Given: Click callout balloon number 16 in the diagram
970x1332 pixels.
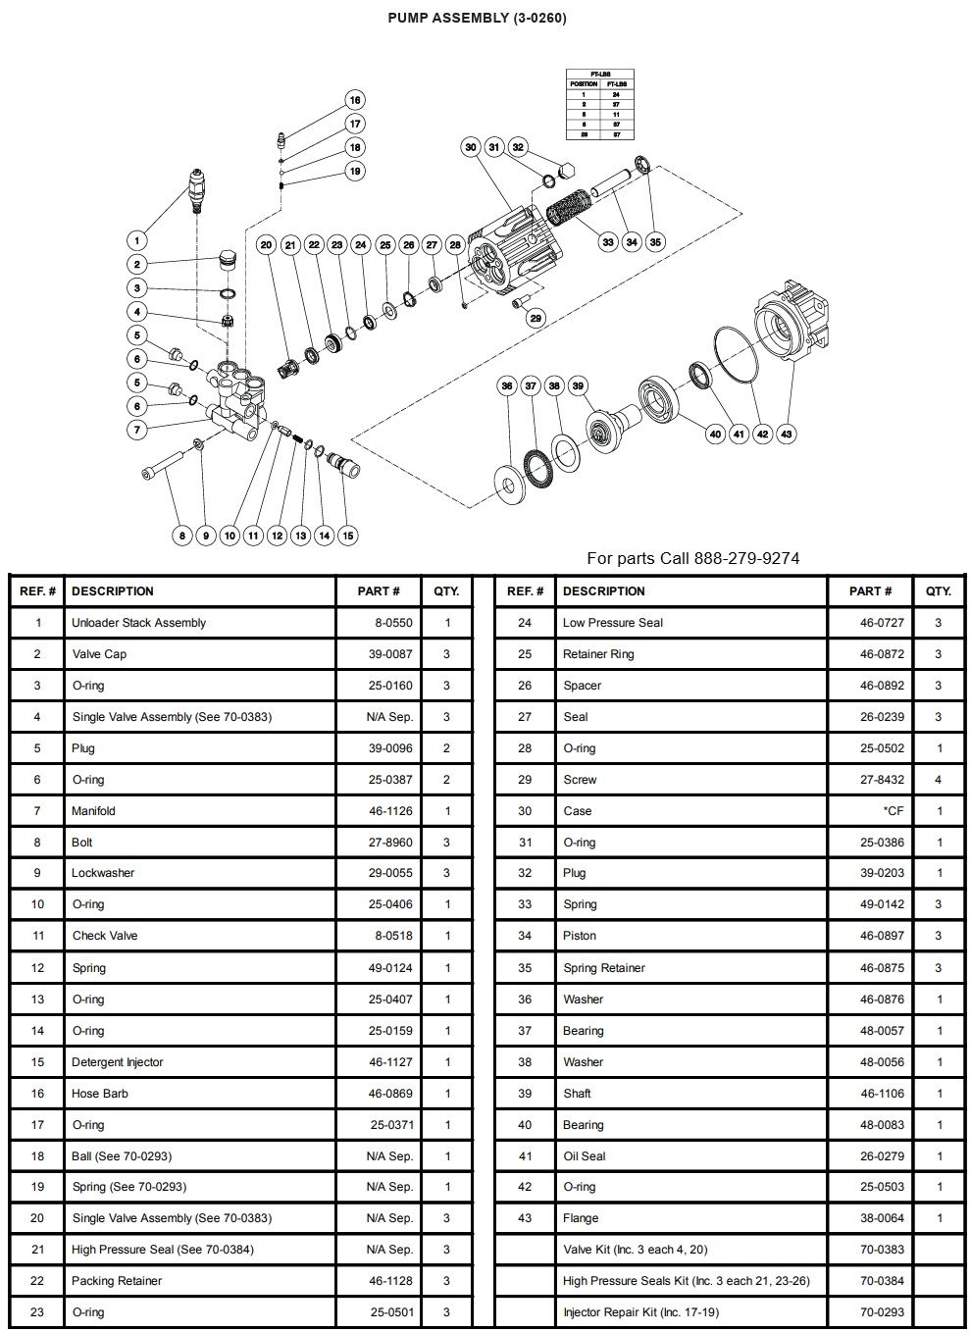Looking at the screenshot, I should point(355,100).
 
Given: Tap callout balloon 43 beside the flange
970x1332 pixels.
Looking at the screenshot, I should point(787,434).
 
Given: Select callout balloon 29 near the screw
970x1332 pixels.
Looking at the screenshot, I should point(535,318).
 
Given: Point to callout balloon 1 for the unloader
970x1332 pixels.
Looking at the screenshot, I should point(137,240).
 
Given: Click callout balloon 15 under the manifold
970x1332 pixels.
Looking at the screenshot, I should point(347,536).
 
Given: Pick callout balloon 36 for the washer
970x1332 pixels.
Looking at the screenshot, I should point(507,385).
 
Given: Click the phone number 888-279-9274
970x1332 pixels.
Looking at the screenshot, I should point(746,558).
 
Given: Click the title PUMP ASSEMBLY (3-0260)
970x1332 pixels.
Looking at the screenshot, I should point(477,18).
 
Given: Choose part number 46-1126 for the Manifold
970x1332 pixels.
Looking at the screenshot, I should point(390,811).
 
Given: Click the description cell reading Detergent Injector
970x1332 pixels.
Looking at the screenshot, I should point(118,1062).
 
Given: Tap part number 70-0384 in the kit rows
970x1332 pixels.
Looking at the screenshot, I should point(883,1281).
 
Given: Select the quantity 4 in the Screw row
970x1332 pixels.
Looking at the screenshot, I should point(939,780).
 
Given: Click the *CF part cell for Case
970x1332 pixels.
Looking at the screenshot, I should point(893,811).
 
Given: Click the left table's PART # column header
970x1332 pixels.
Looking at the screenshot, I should point(379,591).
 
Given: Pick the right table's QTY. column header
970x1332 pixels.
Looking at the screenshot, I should point(939,591).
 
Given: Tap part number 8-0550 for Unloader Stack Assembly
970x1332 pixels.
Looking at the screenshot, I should point(393,623).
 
